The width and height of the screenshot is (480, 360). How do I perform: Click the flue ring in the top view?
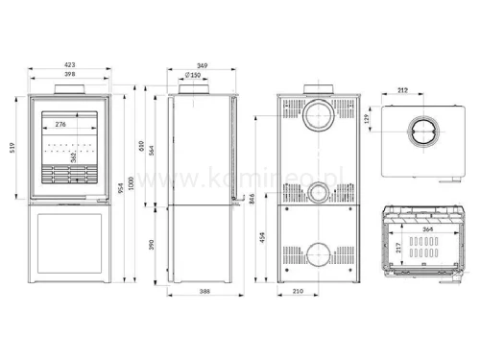tap(423, 133)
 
